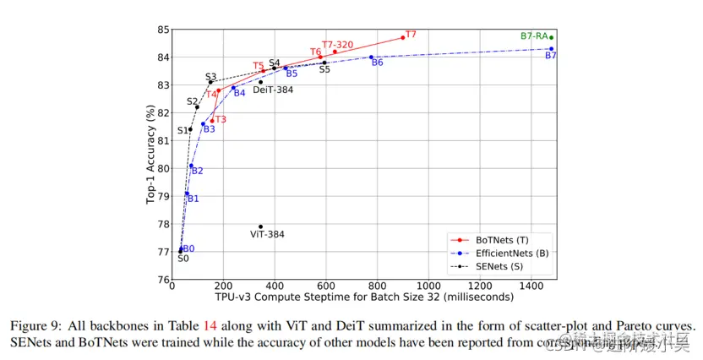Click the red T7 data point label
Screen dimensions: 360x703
coord(411,35)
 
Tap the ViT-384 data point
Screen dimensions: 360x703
coord(260,226)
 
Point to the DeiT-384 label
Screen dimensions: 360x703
coord(273,89)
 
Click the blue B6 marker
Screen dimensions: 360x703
coord(371,57)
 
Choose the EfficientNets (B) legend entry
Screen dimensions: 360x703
coord(510,253)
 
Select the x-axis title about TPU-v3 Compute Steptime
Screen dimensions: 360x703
coord(364,297)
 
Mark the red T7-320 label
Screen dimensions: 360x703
coord(337,44)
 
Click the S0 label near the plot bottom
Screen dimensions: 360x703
coord(183,259)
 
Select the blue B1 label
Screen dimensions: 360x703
coord(193,199)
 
